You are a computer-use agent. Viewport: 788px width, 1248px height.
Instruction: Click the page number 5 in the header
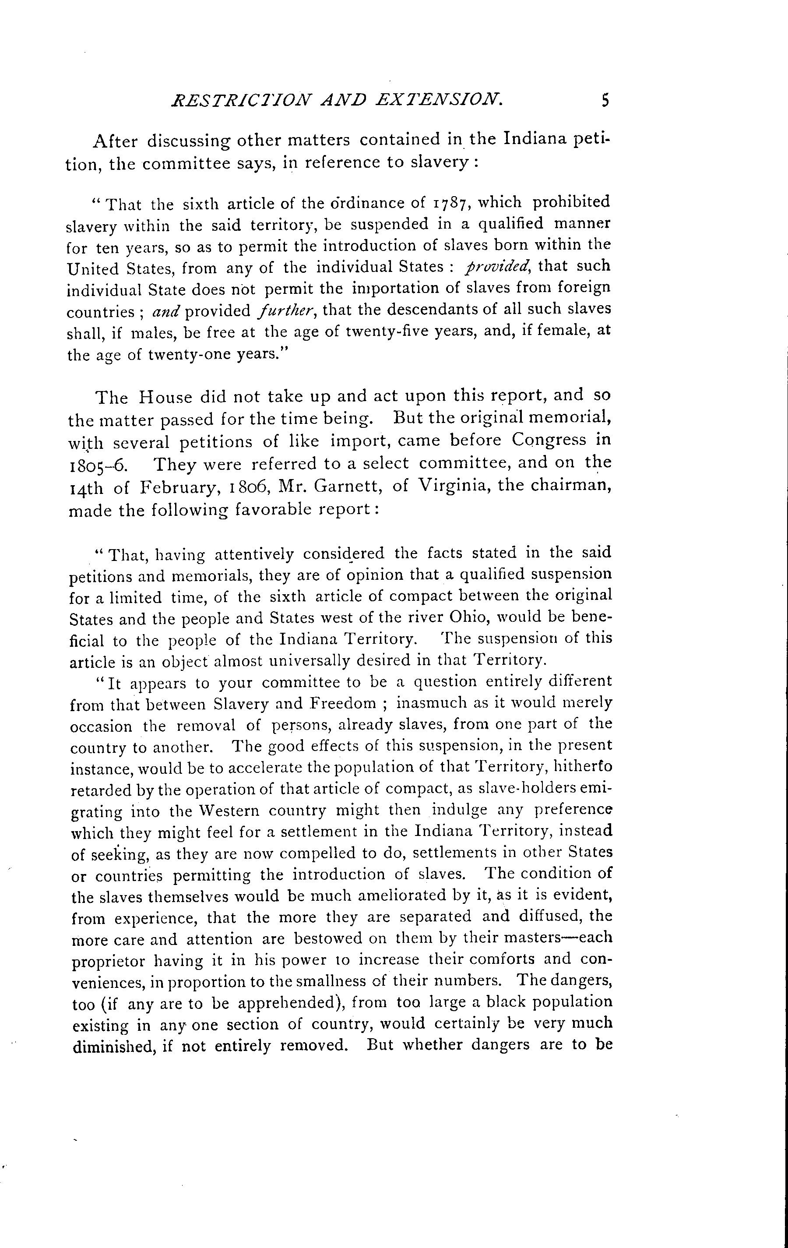604,99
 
